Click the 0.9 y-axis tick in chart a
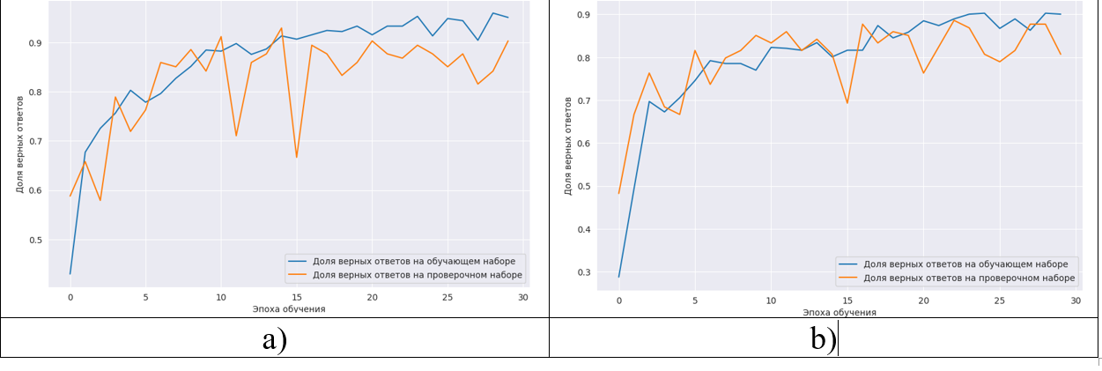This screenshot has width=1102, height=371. (x=35, y=43)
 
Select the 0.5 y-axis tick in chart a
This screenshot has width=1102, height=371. (x=35, y=240)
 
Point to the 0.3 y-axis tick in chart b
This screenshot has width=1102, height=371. (x=584, y=272)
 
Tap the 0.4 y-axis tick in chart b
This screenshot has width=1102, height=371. (x=584, y=230)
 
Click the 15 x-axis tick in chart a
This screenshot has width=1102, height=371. (x=297, y=297)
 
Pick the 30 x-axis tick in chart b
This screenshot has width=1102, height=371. (x=1076, y=301)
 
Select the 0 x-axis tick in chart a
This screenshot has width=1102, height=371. (x=70, y=297)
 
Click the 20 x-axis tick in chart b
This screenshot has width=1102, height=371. (x=923, y=301)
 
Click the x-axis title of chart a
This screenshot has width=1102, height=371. (x=289, y=309)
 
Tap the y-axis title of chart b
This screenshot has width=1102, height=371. (x=567, y=146)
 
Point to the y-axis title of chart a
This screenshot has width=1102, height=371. (x=19, y=145)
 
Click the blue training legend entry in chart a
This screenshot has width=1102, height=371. (x=402, y=261)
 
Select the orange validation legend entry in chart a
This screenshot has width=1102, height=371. (x=405, y=275)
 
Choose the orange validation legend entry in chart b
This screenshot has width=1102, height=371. (x=957, y=278)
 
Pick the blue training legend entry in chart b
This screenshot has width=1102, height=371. (x=953, y=264)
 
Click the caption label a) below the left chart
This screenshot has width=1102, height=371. (x=275, y=339)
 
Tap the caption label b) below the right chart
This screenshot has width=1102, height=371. (x=824, y=339)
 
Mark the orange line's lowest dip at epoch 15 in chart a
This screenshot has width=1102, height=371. (x=297, y=158)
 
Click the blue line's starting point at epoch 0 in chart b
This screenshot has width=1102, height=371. (x=619, y=277)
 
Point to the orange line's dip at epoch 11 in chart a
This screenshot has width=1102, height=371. (x=236, y=136)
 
